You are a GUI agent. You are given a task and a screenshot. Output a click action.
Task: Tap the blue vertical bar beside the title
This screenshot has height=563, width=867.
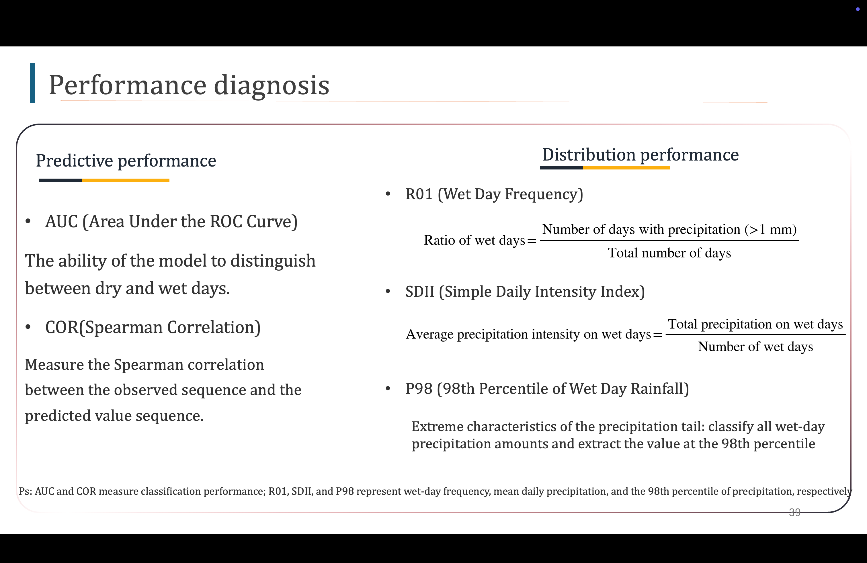tap(33, 83)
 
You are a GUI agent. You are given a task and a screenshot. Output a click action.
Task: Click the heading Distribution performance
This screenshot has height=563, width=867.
tap(641, 155)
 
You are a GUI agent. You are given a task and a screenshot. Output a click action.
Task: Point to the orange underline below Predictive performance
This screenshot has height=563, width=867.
tap(126, 180)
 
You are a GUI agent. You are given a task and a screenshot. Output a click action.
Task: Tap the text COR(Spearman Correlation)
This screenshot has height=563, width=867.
tap(153, 327)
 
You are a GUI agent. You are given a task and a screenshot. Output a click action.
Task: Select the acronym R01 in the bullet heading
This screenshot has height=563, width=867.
tap(419, 194)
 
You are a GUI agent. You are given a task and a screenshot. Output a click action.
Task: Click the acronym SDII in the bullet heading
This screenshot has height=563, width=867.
tap(420, 292)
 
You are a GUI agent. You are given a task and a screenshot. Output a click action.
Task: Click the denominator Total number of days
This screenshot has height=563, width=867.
tap(669, 253)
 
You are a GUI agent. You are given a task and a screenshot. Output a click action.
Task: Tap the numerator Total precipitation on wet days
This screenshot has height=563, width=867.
tap(755, 324)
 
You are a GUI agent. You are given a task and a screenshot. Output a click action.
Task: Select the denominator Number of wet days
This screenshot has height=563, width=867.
tap(755, 347)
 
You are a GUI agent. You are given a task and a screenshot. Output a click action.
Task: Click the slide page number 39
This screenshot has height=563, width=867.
tap(795, 512)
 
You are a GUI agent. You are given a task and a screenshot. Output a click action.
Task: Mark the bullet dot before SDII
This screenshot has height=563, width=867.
tap(388, 291)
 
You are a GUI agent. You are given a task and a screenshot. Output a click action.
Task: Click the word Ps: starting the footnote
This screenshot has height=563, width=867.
tap(26, 491)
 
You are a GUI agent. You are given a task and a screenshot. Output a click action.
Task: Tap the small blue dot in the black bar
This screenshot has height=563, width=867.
tap(858, 9)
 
